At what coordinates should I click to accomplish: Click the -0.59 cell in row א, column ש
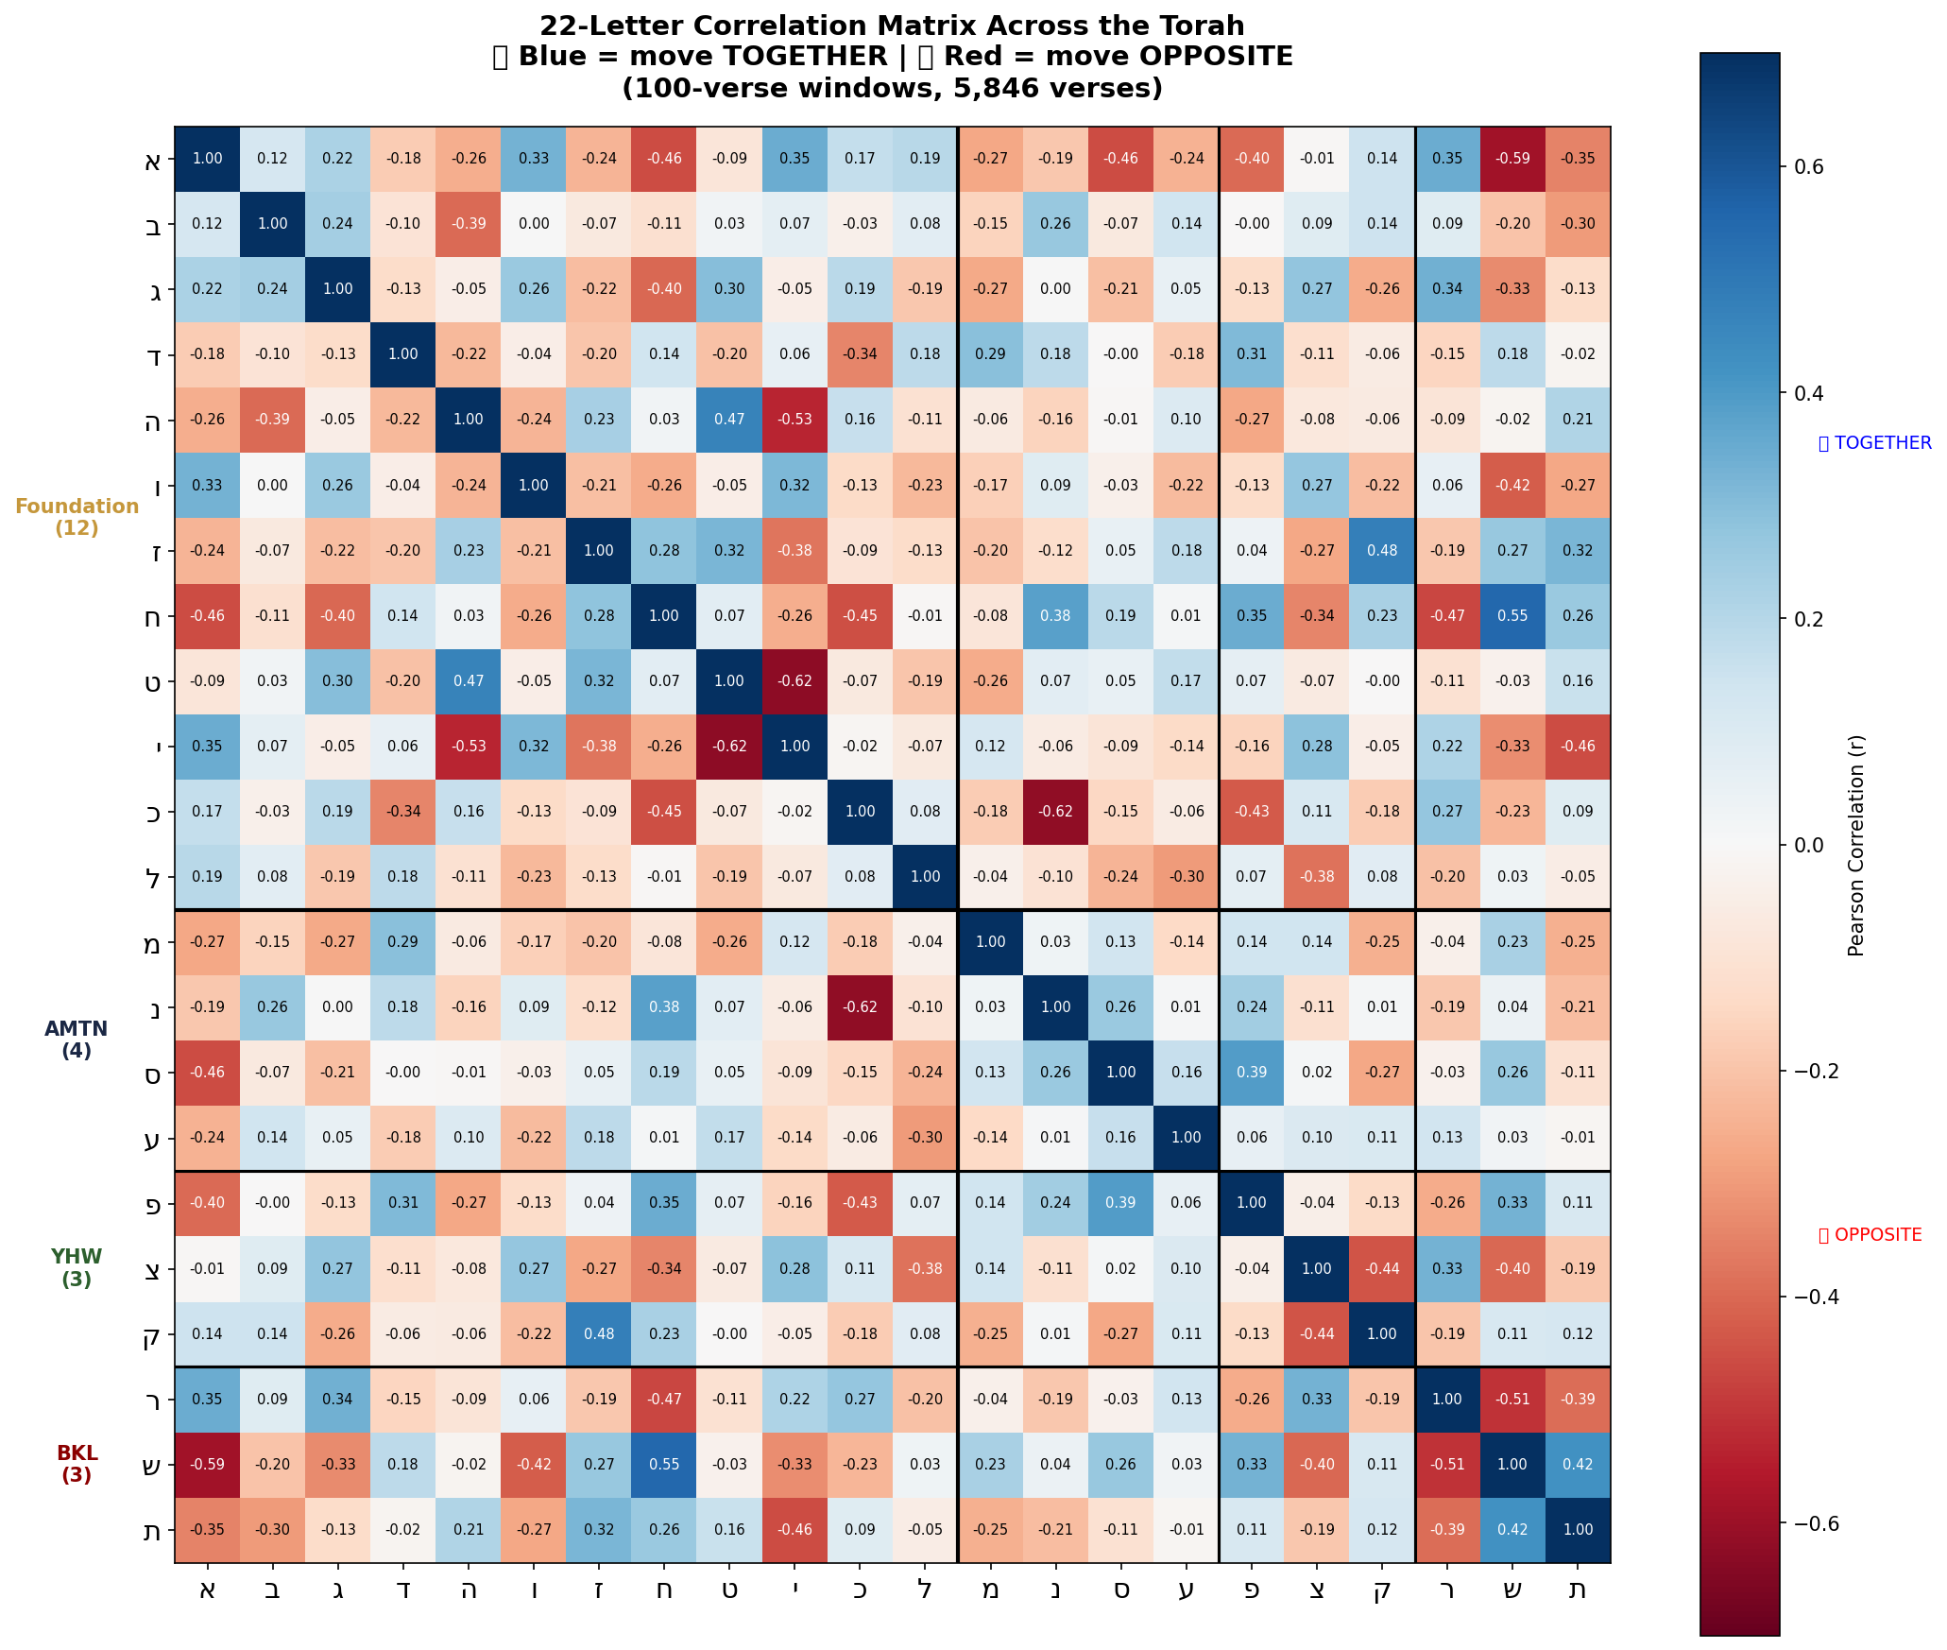[x=1512, y=159]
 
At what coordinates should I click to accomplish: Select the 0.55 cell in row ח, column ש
[x=1512, y=615]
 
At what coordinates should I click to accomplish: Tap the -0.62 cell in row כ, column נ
[x=1055, y=811]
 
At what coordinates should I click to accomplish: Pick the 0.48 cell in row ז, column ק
[x=1382, y=550]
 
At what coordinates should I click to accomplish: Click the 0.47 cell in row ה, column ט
[x=729, y=420]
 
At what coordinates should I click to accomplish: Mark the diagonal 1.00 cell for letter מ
[x=990, y=941]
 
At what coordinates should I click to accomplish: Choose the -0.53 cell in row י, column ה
[x=469, y=746]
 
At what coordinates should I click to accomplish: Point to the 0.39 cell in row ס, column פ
[x=1252, y=1072]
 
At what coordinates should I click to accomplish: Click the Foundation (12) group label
[x=77, y=517]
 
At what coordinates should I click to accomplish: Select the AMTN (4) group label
[x=77, y=1040]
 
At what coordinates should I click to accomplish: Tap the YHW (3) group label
[x=77, y=1267]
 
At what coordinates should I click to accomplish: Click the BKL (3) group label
[x=77, y=1463]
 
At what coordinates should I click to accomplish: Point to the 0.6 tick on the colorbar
[x=1808, y=167]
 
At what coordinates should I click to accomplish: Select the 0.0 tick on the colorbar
[x=1808, y=845]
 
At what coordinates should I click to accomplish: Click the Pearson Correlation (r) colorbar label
[x=1856, y=845]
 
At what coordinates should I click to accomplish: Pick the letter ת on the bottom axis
[x=1577, y=1590]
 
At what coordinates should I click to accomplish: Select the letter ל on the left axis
[x=152, y=877]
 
